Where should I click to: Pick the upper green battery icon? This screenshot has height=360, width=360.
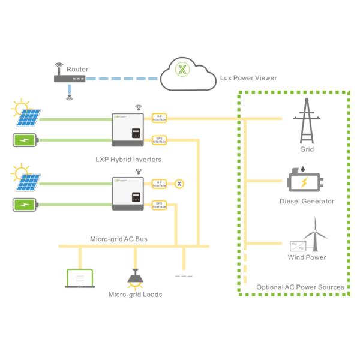pos(25,142)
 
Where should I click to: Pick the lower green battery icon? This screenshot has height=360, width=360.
pos(25,206)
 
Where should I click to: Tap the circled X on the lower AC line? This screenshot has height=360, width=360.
pos(178,184)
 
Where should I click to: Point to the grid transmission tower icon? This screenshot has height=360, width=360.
pos(306,120)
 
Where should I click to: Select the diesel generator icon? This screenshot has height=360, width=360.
pos(306,181)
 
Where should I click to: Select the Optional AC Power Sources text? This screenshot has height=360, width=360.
pos(300,287)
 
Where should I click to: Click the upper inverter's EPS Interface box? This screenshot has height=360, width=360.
pos(160,140)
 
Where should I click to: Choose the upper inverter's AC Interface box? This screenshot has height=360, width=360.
pos(160,118)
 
